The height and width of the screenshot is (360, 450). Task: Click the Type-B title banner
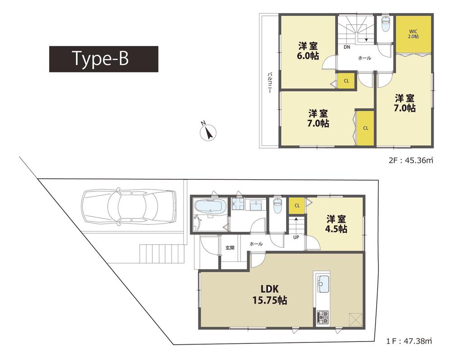(x=104, y=59)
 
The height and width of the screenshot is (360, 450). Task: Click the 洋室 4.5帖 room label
(x=336, y=224)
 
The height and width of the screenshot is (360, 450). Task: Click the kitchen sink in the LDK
(x=323, y=284)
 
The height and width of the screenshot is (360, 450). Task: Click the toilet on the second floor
(x=385, y=26)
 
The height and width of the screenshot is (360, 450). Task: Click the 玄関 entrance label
(x=230, y=247)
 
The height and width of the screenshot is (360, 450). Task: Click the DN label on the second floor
(x=347, y=47)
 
